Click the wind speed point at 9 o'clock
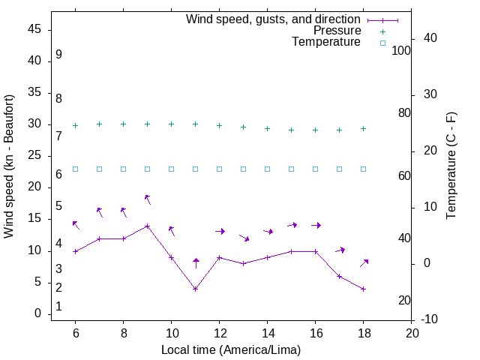click(x=148, y=226)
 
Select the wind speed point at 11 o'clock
click(x=196, y=289)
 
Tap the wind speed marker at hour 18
click(x=364, y=289)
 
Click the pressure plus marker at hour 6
click(x=76, y=126)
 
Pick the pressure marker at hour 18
click(x=364, y=128)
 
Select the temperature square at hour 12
click(x=220, y=169)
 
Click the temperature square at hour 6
click(x=76, y=169)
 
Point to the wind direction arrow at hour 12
click(x=220, y=231)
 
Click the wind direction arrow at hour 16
click(x=316, y=225)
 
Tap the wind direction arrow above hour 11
click(x=196, y=262)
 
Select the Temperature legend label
click(x=326, y=43)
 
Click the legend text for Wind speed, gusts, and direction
click(x=274, y=19)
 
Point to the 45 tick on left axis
click(x=34, y=30)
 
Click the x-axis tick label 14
click(x=268, y=333)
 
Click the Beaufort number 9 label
click(x=58, y=55)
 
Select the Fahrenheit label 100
click(x=401, y=51)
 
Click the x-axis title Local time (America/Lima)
click(x=231, y=349)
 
